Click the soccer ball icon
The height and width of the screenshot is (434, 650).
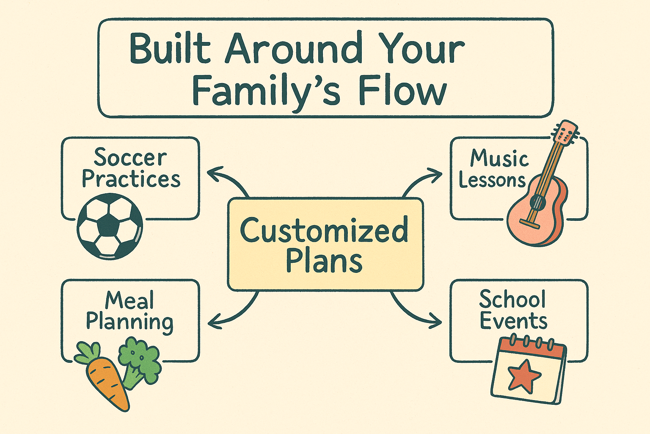pyautogui.click(x=110, y=226)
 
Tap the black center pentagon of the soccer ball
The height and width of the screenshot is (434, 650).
pyautogui.click(x=108, y=225)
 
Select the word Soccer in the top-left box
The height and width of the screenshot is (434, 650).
pyautogui.click(x=130, y=157)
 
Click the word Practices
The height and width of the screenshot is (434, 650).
pyautogui.click(x=131, y=178)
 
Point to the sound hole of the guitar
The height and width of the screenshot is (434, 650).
pyautogui.click(x=537, y=202)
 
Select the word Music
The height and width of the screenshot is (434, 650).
pyautogui.click(x=499, y=159)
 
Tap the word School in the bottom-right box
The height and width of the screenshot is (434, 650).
pyautogui.click(x=512, y=299)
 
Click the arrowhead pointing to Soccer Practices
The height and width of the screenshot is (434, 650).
pyautogui.click(x=215, y=173)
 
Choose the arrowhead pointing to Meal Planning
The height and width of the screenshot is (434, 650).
pyautogui.click(x=215, y=322)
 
